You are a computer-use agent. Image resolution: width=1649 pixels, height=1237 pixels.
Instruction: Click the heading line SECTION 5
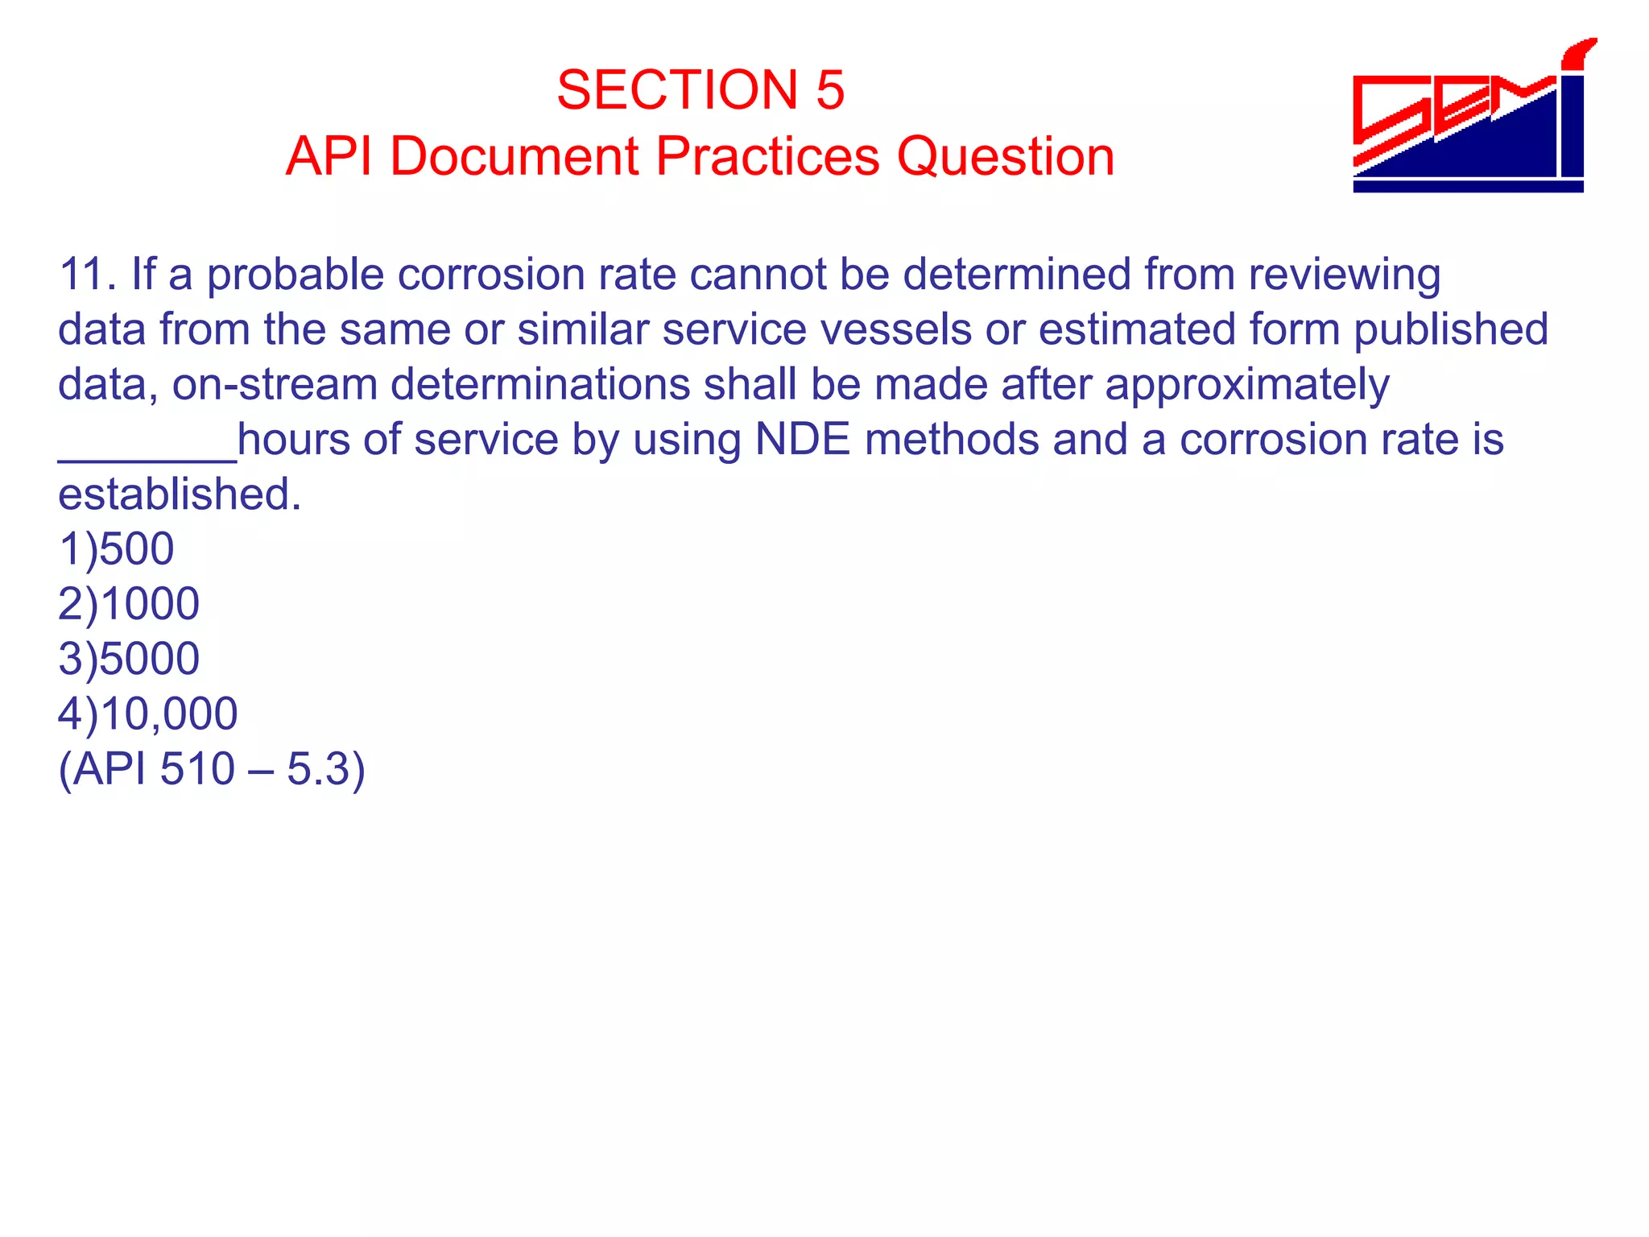pos(701,89)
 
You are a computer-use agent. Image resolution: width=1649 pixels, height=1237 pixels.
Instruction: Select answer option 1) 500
pos(116,549)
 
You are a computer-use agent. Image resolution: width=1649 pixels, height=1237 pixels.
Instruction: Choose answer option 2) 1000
pos(129,604)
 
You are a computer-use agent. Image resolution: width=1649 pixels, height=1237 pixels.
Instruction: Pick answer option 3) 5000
pos(129,659)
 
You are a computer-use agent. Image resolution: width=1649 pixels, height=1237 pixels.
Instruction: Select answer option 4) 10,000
pos(148,714)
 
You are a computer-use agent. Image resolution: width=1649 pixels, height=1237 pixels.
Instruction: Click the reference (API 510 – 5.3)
pos(212,768)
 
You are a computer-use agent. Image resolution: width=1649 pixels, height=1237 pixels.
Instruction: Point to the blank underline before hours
pos(147,457)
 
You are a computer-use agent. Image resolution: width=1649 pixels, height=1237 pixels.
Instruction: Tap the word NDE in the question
pos(802,440)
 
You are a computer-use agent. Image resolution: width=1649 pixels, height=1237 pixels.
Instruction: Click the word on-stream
pos(275,384)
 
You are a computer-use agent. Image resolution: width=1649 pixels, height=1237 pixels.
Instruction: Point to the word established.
pos(179,494)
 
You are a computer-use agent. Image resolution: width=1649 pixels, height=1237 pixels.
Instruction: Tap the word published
pos(1450,329)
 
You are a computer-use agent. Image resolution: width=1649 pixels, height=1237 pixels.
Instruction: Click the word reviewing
pos(1344,275)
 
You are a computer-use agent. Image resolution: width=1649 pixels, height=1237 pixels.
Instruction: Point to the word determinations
pos(540,384)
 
